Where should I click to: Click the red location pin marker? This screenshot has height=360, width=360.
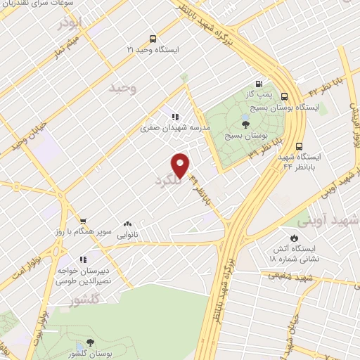click(x=181, y=165)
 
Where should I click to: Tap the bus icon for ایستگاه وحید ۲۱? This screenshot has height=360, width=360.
click(x=153, y=39)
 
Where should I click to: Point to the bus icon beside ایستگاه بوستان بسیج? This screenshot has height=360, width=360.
click(x=285, y=96)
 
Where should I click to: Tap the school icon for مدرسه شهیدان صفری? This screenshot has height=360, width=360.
click(x=174, y=117)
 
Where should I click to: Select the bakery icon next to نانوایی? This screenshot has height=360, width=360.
click(x=127, y=223)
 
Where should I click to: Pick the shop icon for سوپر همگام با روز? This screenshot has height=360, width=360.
click(x=83, y=220)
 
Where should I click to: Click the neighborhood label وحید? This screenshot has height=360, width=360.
click(x=121, y=88)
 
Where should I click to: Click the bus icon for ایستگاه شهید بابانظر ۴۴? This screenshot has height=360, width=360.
click(x=300, y=146)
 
